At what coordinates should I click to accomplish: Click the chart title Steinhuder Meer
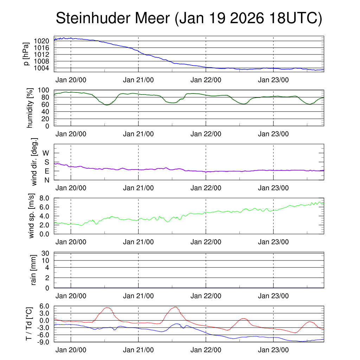[189, 18]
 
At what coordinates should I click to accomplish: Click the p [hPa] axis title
[26, 54]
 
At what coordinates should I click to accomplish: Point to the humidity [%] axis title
[30, 108]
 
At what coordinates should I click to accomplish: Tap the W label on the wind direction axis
[46, 153]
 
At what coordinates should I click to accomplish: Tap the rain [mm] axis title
[34, 270]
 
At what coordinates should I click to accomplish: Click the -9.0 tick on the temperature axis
[44, 342]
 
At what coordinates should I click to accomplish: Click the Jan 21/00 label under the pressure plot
[139, 80]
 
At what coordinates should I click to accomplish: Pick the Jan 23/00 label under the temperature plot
[274, 350]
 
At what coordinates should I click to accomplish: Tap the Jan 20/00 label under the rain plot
[71, 296]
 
